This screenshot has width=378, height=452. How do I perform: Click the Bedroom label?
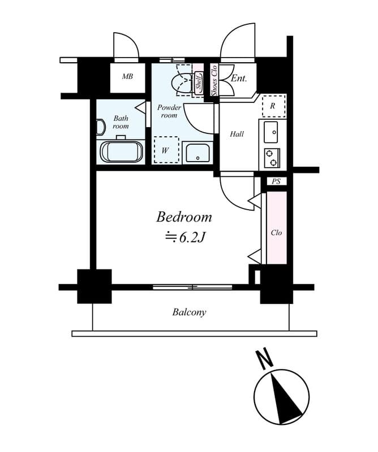pyautogui.click(x=184, y=217)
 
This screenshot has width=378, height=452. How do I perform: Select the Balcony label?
pyautogui.click(x=189, y=312)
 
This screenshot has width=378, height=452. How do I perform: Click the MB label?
pyautogui.click(x=128, y=76)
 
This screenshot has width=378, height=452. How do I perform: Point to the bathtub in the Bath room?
pyautogui.click(x=122, y=152)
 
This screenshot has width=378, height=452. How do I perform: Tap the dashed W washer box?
pyautogui.click(x=166, y=150)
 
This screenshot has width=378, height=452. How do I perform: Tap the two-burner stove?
pyautogui.click(x=272, y=158)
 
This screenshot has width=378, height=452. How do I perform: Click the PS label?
pyautogui.click(x=276, y=181)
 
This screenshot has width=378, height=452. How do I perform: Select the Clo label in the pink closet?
pyautogui.click(x=276, y=232)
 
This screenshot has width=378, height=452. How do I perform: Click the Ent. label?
pyautogui.click(x=239, y=79)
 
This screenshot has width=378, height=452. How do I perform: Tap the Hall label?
pyautogui.click(x=237, y=134)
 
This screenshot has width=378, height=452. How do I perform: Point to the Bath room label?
pyautogui.click(x=121, y=122)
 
